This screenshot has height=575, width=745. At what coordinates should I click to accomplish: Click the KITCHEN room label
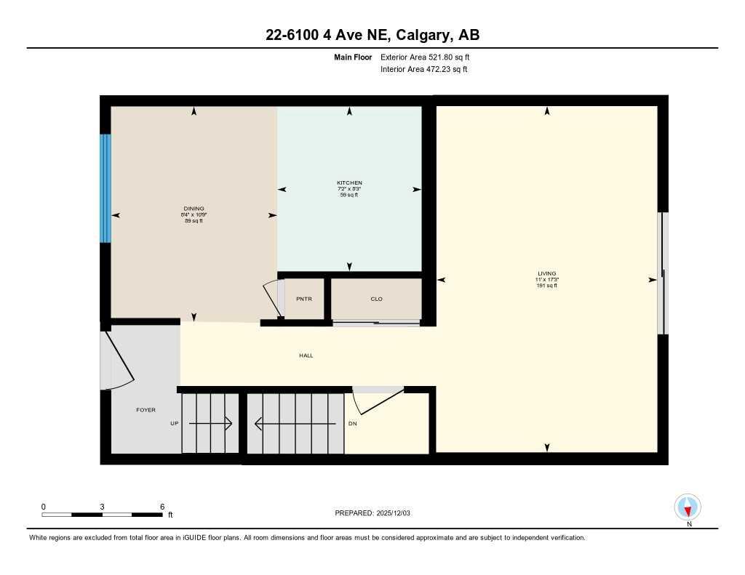[349, 182]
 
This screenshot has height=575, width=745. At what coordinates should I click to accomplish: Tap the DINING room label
[194, 209]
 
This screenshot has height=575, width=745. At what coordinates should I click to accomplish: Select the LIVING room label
[547, 273]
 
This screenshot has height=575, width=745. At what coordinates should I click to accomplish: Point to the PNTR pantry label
[303, 299]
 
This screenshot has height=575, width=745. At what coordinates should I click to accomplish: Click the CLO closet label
[376, 299]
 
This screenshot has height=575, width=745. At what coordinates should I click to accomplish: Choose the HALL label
[306, 355]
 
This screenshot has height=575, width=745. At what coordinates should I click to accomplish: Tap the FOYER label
[146, 410]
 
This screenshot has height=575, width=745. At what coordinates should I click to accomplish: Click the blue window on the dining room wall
[105, 188]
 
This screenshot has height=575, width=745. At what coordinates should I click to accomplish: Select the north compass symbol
[688, 507]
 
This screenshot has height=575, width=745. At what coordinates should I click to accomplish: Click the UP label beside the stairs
[175, 423]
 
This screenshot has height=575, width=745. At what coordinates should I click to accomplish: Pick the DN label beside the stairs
[352, 423]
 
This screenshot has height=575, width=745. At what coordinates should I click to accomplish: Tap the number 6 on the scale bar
[162, 507]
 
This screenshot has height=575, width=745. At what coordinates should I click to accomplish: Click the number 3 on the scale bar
[103, 507]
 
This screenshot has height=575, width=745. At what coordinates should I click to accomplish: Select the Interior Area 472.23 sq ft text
[423, 70]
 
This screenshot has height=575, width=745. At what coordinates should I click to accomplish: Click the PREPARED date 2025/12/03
[399, 513]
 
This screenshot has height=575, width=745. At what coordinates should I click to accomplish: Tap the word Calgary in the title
[413, 35]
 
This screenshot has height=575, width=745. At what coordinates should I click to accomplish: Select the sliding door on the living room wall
[662, 273]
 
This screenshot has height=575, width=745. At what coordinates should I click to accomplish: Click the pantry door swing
[272, 299]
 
